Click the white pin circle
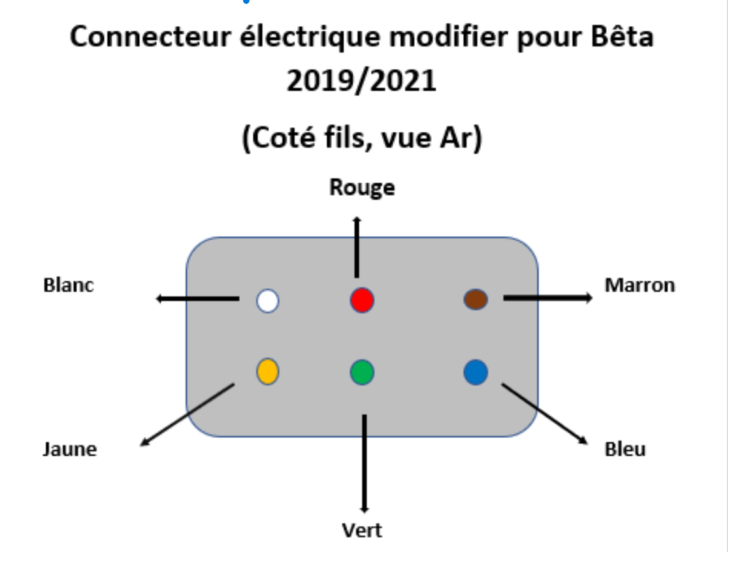click(x=267, y=301)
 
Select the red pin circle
click(x=362, y=300)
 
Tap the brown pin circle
click(x=476, y=300)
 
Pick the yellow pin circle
click(x=267, y=371)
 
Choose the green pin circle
click(x=362, y=372)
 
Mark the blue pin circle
click(x=476, y=372)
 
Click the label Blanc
click(x=69, y=285)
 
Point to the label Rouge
click(x=362, y=188)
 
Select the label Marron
click(x=640, y=285)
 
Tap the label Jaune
click(x=70, y=449)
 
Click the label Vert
click(x=362, y=529)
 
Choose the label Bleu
click(x=625, y=449)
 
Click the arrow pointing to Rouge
click(x=357, y=248)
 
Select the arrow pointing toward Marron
click(x=547, y=298)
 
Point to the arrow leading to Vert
click(x=365, y=463)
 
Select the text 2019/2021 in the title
click(x=361, y=82)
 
